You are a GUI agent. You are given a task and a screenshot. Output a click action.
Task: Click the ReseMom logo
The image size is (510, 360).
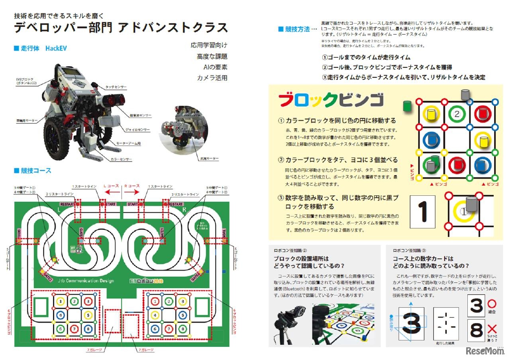(485, 351)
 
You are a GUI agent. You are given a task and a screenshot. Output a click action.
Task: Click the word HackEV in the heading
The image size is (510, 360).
(56, 48)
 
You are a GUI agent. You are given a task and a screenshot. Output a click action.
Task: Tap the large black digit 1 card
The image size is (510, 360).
(423, 211)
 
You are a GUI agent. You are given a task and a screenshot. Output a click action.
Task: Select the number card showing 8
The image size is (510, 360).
(476, 330)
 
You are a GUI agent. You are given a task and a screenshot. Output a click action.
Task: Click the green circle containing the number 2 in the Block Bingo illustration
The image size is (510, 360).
(457, 115)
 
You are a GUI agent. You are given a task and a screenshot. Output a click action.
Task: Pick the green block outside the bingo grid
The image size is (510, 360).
(407, 107)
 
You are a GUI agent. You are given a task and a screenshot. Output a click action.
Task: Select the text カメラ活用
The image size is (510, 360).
(212, 78)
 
